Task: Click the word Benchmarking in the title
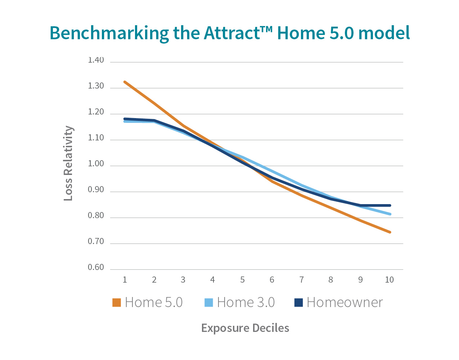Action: click(x=109, y=33)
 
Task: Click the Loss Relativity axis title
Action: click(x=68, y=163)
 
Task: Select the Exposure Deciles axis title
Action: click(x=245, y=328)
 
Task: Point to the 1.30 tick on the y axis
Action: click(x=96, y=86)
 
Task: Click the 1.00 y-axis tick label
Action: click(x=96, y=164)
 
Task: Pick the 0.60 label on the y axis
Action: click(x=96, y=267)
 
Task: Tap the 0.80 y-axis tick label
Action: click(x=96, y=216)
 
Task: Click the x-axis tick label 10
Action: click(x=389, y=280)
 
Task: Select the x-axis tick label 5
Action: click(x=242, y=280)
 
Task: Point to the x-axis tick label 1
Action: click(x=125, y=280)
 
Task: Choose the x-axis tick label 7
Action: click(x=301, y=280)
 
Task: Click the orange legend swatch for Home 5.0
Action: click(x=117, y=302)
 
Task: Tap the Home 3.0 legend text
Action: click(x=246, y=302)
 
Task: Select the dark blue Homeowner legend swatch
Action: click(x=298, y=302)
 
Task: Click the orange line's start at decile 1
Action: click(x=125, y=82)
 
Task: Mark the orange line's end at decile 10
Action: click(x=390, y=232)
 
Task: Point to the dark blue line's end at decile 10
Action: click(x=390, y=206)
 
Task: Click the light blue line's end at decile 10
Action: click(x=390, y=214)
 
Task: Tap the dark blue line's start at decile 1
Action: click(x=125, y=118)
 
